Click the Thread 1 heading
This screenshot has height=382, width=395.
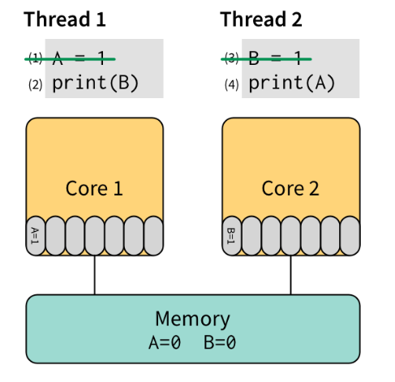[65, 19]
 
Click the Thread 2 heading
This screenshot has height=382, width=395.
[261, 19]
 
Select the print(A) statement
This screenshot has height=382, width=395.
[291, 82]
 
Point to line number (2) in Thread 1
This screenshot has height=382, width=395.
[35, 83]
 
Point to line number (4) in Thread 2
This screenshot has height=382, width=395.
[231, 83]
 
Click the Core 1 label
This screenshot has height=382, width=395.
[94, 188]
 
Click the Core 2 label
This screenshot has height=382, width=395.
[290, 188]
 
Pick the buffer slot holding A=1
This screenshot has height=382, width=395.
[36, 236]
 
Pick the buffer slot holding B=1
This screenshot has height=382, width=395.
[232, 236]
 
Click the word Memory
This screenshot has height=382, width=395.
[192, 318]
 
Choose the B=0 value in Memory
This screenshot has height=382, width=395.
[219, 341]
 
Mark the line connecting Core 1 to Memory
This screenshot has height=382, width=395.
[95, 275]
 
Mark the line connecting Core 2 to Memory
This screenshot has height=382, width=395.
[291, 275]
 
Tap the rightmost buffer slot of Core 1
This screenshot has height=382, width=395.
[153, 236]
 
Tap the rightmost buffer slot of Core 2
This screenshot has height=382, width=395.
[350, 236]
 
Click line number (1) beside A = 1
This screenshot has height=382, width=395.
[35, 58]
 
